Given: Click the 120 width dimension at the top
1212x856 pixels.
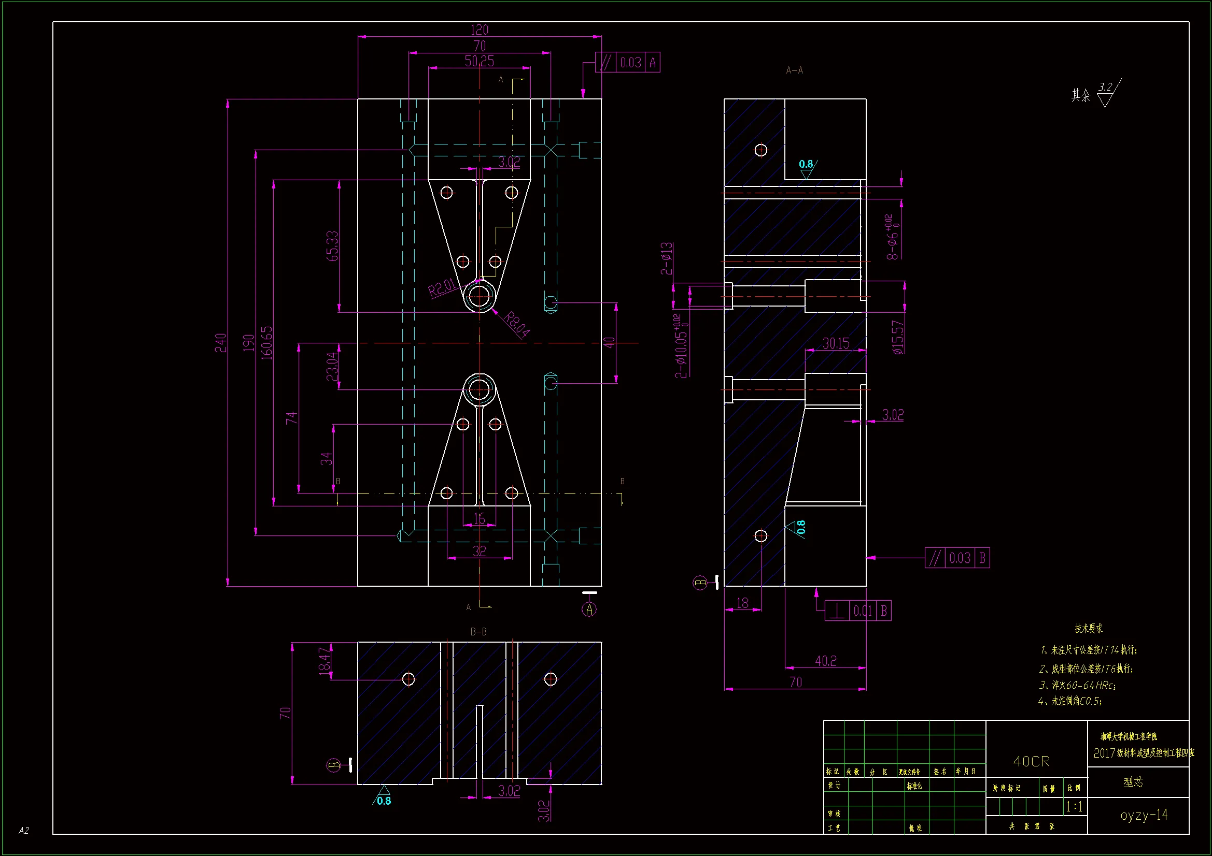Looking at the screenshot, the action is coord(480,30).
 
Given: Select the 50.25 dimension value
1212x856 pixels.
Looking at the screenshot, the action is coord(480,62).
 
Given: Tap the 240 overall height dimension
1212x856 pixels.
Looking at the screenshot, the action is coord(221,343).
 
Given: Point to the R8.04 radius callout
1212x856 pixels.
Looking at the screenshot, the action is coord(517,324).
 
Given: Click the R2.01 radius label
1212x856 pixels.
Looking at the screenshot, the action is coord(442,287).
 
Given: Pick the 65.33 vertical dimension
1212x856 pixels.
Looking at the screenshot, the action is coord(332,246).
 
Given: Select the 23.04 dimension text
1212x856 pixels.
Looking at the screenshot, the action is coord(332,367).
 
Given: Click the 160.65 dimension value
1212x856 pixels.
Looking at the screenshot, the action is coord(267,343).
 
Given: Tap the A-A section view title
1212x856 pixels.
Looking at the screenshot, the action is coord(795,70).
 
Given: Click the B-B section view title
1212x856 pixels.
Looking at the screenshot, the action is coord(478,631).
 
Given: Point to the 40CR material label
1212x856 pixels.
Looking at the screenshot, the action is coord(1032,761).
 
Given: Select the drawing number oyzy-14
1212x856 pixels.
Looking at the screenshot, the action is coord(1144,815).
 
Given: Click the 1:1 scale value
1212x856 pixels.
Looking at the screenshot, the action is coord(1074,806).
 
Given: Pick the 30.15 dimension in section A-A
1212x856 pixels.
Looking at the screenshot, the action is coord(836,344).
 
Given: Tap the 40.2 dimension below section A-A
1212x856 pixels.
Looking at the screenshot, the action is coord(826,661).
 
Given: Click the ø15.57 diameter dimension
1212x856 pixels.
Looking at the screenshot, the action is coord(898,338).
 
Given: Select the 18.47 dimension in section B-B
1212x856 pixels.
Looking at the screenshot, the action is coord(325,661).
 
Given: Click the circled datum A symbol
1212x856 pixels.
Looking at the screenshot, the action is coord(589,609).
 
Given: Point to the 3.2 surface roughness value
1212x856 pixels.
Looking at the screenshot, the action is coord(1105,87).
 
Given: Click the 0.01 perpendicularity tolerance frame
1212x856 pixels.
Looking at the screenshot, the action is coord(858,611).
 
